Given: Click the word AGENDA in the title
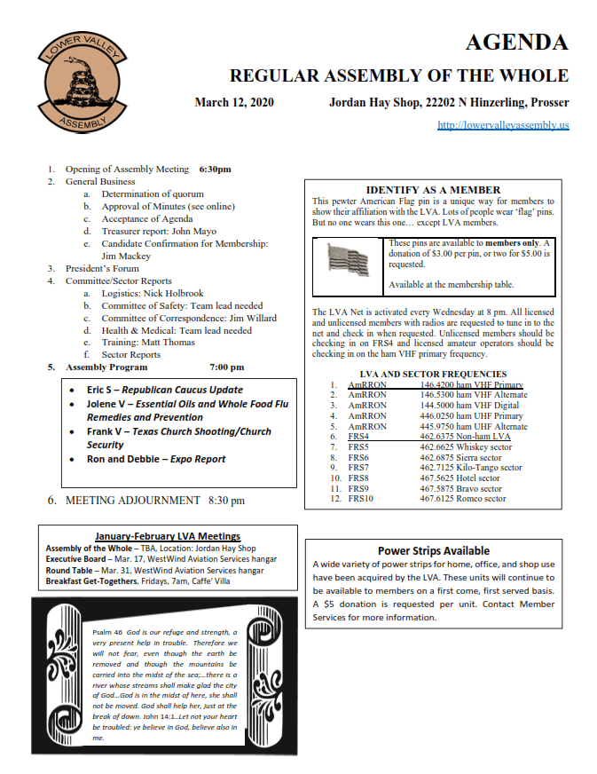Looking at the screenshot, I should point(516,42).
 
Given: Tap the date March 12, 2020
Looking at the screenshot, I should point(234,102).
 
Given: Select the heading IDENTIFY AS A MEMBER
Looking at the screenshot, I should point(433,190).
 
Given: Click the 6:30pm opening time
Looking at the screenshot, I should point(216,169).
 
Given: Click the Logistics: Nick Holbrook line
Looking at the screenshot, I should point(153,292).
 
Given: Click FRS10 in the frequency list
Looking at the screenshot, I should point(363,499).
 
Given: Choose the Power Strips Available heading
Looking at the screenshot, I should point(434,550).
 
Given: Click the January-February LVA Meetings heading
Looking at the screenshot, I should point(168,536).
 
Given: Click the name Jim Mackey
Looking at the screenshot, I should point(126,256).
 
